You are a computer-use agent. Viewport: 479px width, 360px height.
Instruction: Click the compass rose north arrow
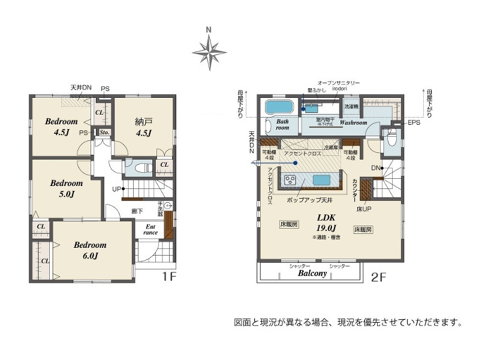pyautogui.click(x=209, y=50)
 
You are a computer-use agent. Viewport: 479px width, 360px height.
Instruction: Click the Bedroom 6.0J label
pyautogui.click(x=90, y=250)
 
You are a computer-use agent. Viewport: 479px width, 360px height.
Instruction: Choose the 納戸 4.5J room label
pyautogui.click(x=143, y=127)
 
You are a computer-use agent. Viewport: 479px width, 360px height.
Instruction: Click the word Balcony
pyautogui.click(x=312, y=273)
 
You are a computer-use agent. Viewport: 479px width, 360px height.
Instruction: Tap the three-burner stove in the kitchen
pyautogui.click(x=291, y=179)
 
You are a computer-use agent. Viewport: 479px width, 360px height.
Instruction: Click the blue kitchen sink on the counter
pyautogui.click(x=320, y=179)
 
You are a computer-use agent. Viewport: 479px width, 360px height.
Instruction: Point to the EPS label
pyautogui.click(x=414, y=124)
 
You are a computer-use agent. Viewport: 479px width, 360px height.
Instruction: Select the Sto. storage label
pyautogui.click(x=103, y=133)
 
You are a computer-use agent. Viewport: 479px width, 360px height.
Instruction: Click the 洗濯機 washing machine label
pyautogui.click(x=351, y=107)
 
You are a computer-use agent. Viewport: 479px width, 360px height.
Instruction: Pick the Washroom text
pyautogui.click(x=353, y=122)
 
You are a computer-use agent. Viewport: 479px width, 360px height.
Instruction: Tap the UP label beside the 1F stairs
pyautogui.click(x=116, y=190)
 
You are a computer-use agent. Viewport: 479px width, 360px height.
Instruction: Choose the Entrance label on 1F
pyautogui.click(x=150, y=230)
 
